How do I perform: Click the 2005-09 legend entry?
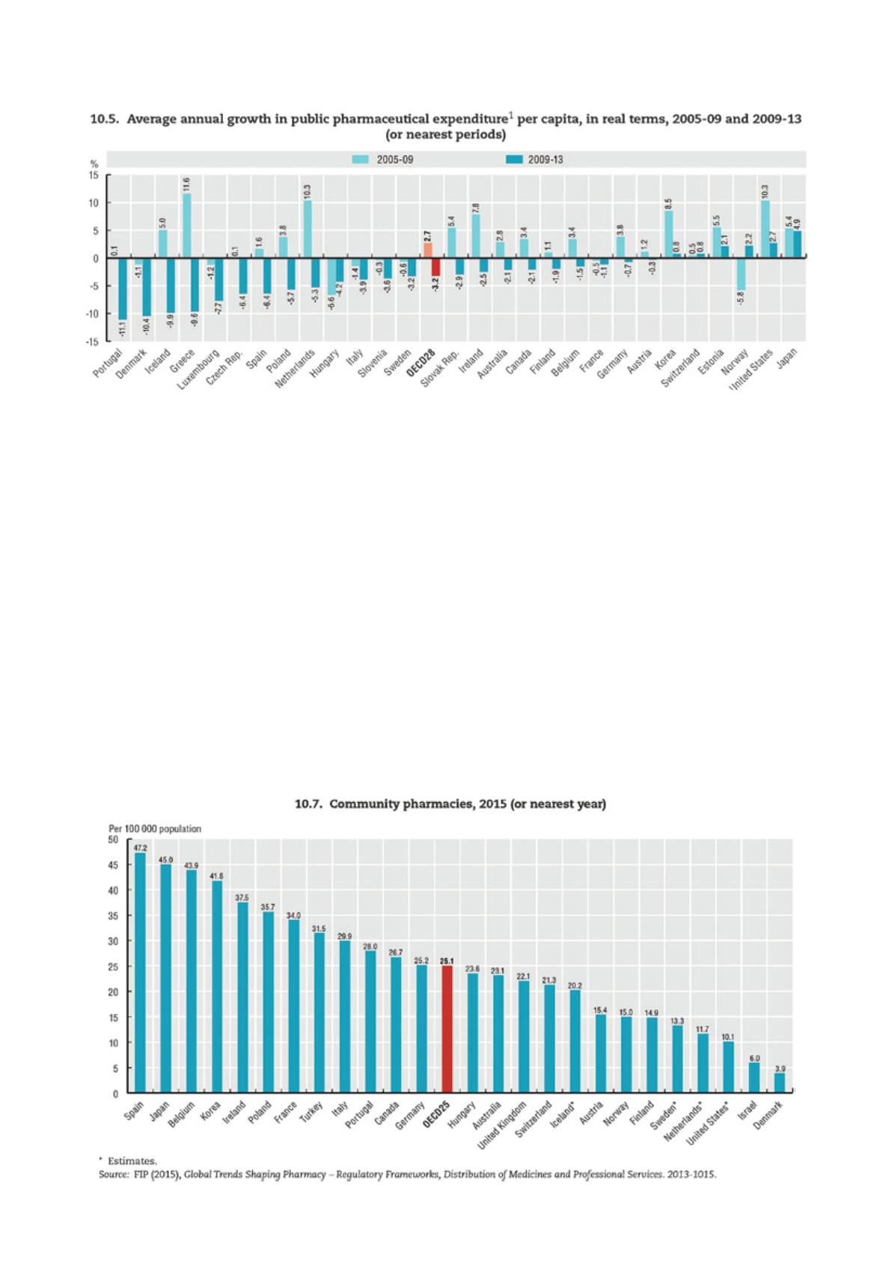click(382, 159)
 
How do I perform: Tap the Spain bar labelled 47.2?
click(140, 973)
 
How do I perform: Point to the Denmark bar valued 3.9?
click(780, 1083)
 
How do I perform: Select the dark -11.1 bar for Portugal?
click(123, 289)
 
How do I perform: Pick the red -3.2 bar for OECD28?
click(436, 267)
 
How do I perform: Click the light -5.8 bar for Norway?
click(741, 274)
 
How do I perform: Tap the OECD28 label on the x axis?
click(421, 364)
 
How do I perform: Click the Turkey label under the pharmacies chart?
click(311, 1112)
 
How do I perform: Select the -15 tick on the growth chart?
click(94, 341)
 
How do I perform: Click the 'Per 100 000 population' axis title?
click(155, 828)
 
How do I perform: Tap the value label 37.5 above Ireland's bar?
click(242, 897)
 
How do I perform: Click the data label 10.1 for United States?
click(728, 1037)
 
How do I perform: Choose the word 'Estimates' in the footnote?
click(132, 1161)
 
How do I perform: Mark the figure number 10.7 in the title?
click(307, 804)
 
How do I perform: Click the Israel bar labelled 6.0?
click(754, 1077)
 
